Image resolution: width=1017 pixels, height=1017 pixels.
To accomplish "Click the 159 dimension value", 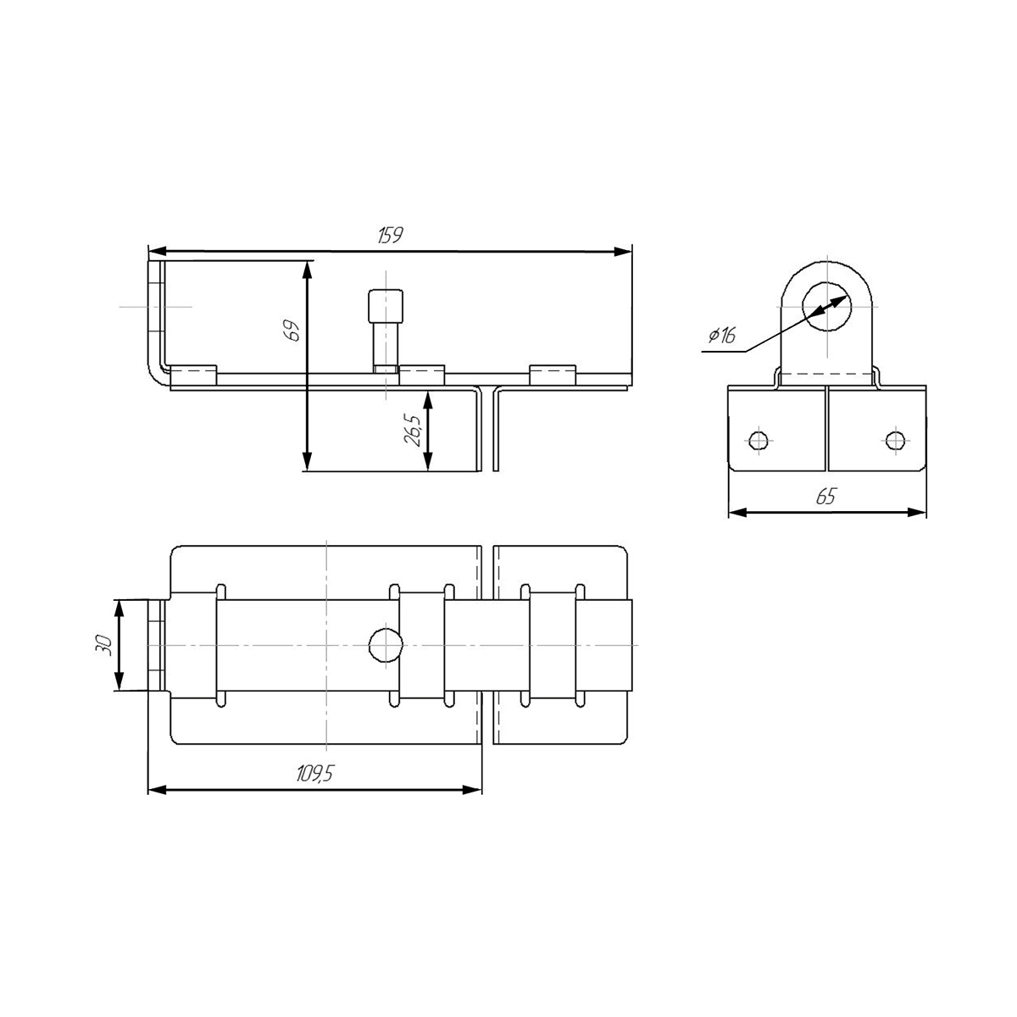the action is tap(390, 236).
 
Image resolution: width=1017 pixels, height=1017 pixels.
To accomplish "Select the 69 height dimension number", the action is tap(292, 331).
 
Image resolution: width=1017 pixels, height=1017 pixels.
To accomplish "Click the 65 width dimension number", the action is tap(826, 496).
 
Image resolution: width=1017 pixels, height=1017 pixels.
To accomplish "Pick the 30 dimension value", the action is tap(103, 645).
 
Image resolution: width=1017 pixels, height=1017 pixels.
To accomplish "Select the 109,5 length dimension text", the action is tap(315, 774).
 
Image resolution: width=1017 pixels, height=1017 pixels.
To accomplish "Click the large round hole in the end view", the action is tap(827, 306).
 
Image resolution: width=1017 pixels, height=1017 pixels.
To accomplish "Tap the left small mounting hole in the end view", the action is tap(759, 440).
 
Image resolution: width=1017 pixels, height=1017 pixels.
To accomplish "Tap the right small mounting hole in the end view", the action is tap(896, 440).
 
